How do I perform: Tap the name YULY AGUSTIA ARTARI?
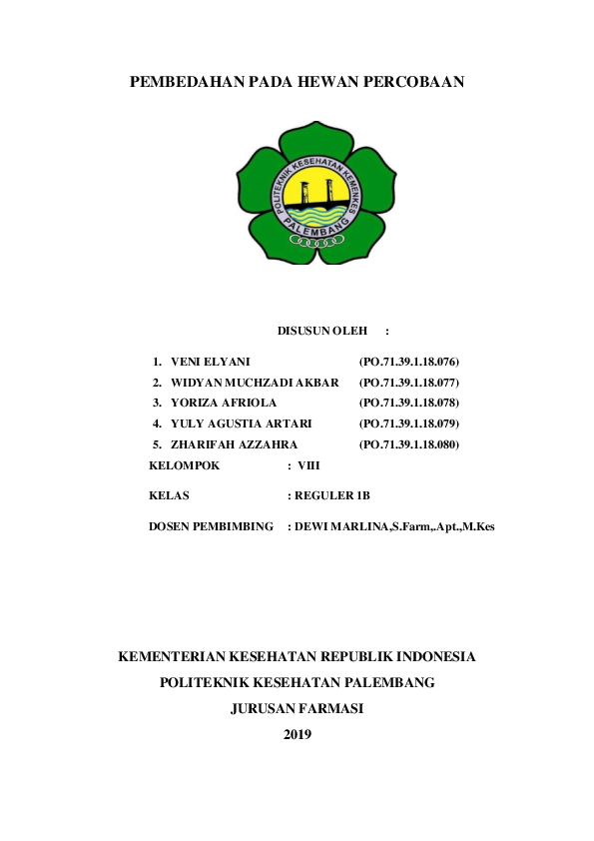pyautogui.click(x=241, y=423)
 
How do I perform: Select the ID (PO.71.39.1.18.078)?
pyautogui.click(x=408, y=403)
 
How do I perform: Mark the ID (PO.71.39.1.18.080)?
pyautogui.click(x=408, y=443)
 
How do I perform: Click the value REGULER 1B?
pyautogui.click(x=332, y=494)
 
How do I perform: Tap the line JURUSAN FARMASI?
pyautogui.click(x=297, y=708)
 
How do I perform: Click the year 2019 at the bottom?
pyautogui.click(x=297, y=734)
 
